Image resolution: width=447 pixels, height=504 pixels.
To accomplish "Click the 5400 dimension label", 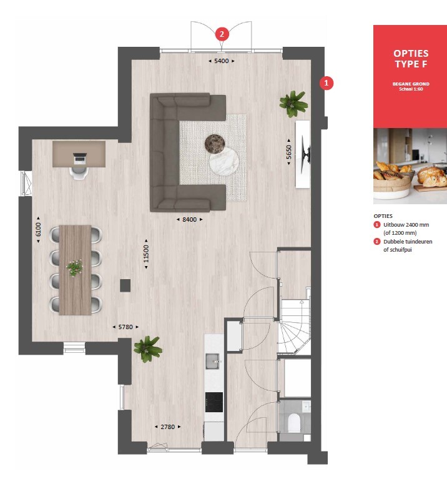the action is pyautogui.click(x=222, y=61).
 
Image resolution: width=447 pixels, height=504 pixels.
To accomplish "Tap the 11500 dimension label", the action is pyautogui.click(x=146, y=254).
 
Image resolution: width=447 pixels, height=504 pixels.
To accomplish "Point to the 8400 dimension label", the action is pyautogui.click(x=190, y=220).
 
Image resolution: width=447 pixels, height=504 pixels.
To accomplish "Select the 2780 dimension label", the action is pyautogui.click(x=168, y=427).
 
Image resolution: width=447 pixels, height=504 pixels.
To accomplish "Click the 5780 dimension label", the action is pyautogui.click(x=125, y=327).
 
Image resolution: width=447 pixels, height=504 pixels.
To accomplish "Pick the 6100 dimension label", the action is pyautogui.click(x=38, y=229).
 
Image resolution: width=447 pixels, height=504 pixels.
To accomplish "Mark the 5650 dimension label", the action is pyautogui.click(x=288, y=152).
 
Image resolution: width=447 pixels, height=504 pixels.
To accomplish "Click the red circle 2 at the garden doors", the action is pyautogui.click(x=222, y=34).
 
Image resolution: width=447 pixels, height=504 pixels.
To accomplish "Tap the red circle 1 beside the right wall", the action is pyautogui.click(x=327, y=83).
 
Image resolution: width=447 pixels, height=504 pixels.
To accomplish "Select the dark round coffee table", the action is pyautogui.click(x=215, y=143).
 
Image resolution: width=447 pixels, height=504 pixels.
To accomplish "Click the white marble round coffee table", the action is pyautogui.click(x=224, y=161).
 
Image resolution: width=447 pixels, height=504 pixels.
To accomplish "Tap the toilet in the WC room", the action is pyautogui.click(x=294, y=423).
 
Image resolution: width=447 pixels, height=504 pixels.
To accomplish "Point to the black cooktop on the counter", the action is pyautogui.click(x=214, y=402).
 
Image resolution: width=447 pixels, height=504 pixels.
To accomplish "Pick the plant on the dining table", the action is pyautogui.click(x=75, y=268).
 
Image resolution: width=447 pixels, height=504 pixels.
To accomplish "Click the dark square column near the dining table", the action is pyautogui.click(x=125, y=285).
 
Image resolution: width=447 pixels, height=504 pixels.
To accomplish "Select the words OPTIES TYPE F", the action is pyautogui.click(x=411, y=59).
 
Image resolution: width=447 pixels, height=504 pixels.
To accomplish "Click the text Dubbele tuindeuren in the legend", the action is pyautogui.click(x=408, y=242).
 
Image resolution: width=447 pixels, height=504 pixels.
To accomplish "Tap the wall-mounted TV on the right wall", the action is pyautogui.click(x=306, y=154).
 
